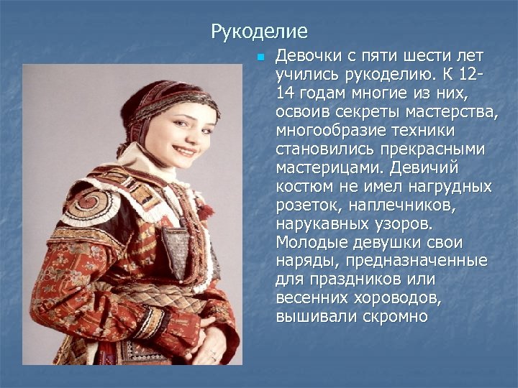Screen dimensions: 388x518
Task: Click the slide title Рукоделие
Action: click(x=259, y=32)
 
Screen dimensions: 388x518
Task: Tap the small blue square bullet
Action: click(x=261, y=57)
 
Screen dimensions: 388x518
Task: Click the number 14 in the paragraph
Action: click(x=286, y=93)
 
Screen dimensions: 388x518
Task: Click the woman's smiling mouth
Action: click(x=186, y=152)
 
